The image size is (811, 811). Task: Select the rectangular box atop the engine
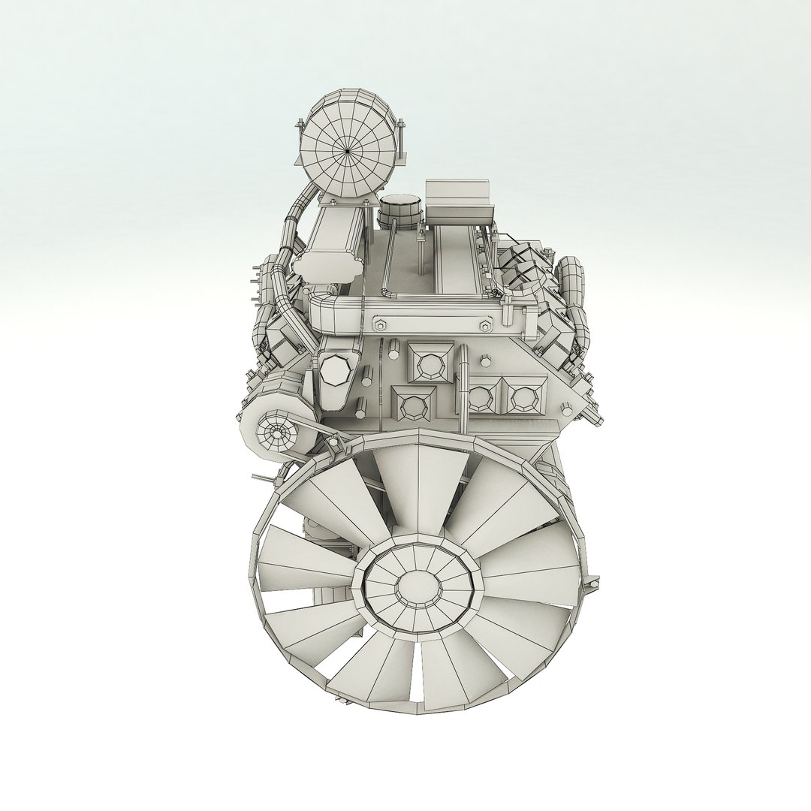point(457,199)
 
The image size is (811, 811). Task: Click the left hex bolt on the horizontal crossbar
point(378,324)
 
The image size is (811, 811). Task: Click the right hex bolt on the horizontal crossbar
point(483,325)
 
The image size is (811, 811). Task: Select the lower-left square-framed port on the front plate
point(412,406)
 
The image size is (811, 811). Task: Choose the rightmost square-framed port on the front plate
point(519,396)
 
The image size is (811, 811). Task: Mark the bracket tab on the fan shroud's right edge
point(593,582)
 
